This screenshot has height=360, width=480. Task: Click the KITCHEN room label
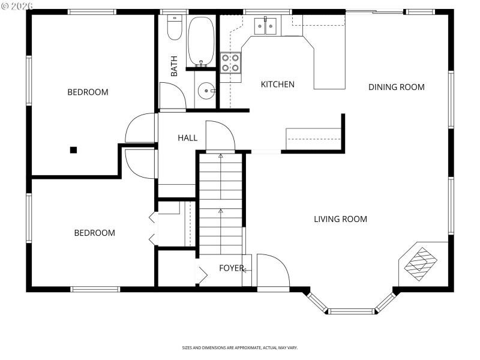(x=277, y=85)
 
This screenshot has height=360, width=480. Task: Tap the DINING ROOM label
(x=396, y=87)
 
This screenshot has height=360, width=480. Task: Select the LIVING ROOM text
(x=340, y=219)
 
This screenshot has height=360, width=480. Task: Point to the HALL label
(x=187, y=138)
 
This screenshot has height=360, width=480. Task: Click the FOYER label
(x=231, y=268)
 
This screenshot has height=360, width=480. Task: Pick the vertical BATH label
(x=174, y=66)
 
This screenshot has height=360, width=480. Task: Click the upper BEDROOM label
(x=88, y=92)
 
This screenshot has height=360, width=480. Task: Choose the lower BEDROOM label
(x=94, y=233)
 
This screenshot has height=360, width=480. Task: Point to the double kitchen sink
(x=265, y=25)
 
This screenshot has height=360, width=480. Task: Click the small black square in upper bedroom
(x=73, y=149)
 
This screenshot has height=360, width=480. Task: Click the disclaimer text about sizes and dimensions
(x=240, y=347)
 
